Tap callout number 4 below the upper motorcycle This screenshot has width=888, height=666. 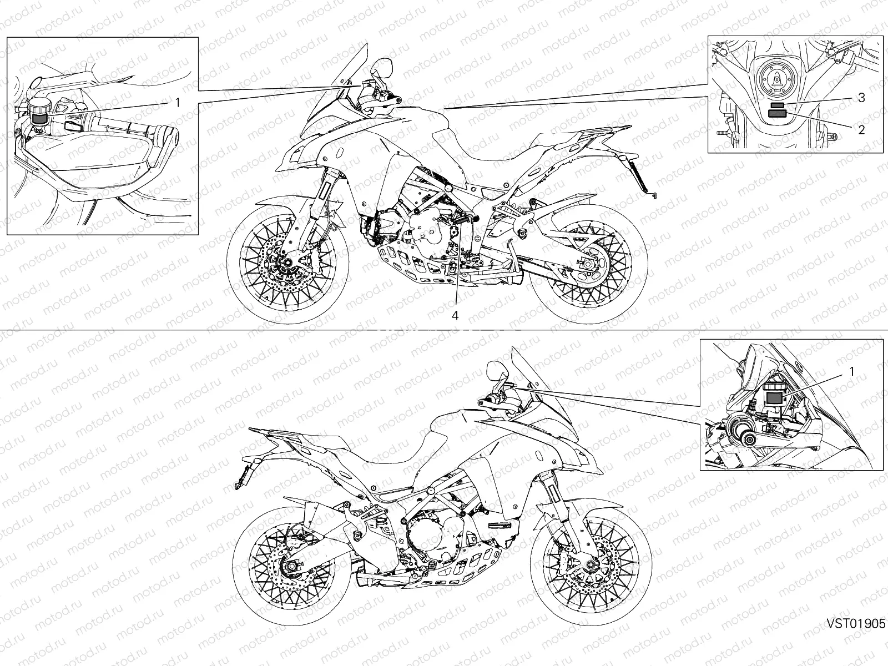point(455,316)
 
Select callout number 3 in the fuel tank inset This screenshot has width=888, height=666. point(861,98)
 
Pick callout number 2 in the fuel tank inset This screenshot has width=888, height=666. point(861,130)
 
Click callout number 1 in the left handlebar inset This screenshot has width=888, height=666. point(177,103)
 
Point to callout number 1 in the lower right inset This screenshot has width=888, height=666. point(852,371)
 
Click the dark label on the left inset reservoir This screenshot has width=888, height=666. point(39,118)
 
